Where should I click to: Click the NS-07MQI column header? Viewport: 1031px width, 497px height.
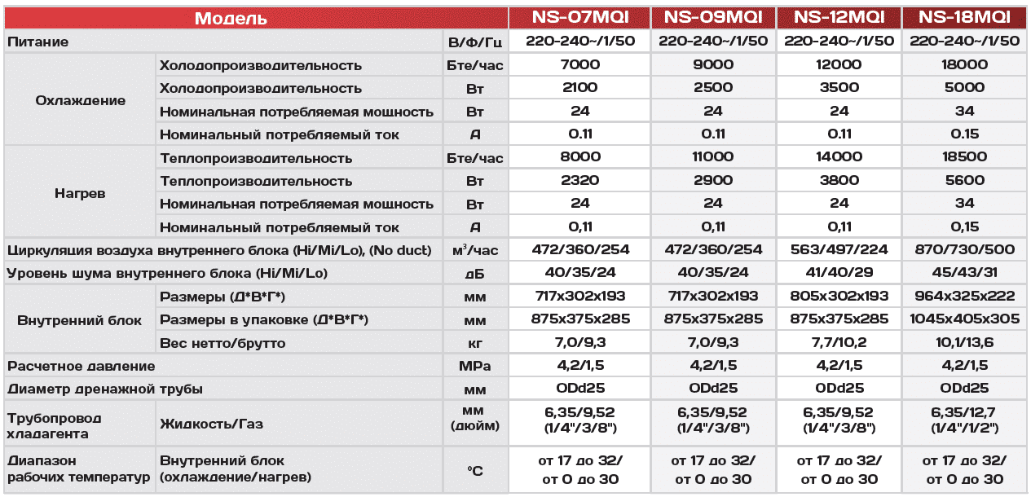579,18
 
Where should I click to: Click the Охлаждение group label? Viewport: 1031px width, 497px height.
81,100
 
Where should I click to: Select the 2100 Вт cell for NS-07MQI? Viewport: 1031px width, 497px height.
579,88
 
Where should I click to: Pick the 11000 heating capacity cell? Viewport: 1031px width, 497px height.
713,158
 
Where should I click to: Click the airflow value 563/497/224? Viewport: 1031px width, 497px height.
839,250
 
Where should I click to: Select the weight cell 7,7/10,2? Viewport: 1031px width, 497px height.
839,343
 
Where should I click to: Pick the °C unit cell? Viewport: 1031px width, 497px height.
475,469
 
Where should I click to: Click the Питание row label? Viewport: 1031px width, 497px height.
37,42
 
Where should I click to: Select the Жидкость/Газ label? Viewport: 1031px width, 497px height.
212,424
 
